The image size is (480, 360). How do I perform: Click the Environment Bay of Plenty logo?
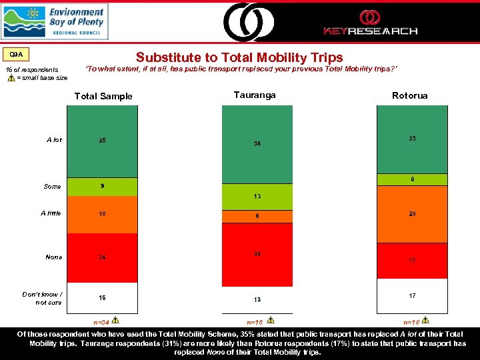pos(54,21)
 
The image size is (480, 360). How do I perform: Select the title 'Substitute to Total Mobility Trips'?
pos(239,58)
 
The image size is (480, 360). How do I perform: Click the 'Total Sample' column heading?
pos(103,96)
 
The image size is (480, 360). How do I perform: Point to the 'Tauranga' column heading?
pos(255,95)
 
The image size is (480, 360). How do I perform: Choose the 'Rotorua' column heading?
pos(410,96)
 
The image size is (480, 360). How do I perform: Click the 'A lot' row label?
pos(54,140)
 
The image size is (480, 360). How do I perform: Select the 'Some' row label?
pos(52,187)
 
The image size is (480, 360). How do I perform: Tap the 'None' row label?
pos(53,257)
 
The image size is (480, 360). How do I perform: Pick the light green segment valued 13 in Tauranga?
pos(257,196)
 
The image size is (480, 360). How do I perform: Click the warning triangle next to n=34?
pos(115,320)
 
